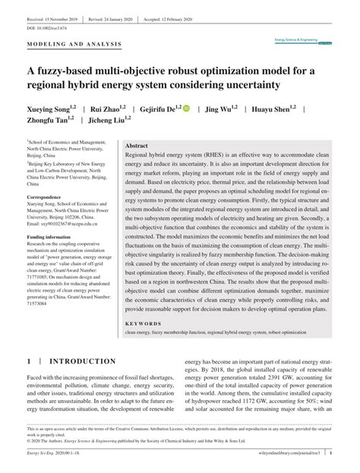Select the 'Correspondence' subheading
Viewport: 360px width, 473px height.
(47, 197)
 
